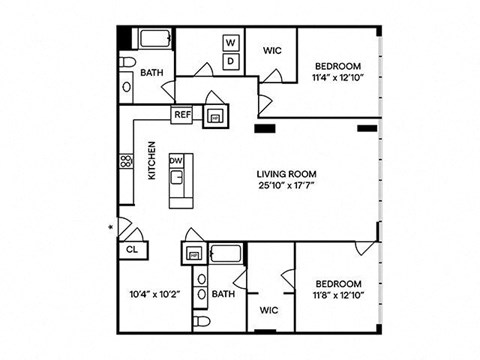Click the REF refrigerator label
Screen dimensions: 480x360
183,115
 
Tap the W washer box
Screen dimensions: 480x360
231,43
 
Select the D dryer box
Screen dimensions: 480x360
231,61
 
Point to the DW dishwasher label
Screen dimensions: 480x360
176,161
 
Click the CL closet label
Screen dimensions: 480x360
132,249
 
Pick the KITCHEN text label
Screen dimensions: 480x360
152,161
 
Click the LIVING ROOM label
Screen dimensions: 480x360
286,174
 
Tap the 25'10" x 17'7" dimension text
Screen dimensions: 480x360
287,185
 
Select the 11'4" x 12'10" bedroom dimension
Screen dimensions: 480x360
337,78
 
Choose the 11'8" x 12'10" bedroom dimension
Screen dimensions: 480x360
338,295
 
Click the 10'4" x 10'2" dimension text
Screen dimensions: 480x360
155,294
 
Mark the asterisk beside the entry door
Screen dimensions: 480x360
111,228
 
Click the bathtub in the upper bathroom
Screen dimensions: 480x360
155,39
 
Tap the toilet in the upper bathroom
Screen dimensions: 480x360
128,62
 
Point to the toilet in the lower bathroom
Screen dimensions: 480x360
201,322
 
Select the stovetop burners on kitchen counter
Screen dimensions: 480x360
126,161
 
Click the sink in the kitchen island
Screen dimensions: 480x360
177,177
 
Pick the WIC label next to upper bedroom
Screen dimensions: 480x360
272,51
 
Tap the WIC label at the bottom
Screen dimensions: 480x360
269,310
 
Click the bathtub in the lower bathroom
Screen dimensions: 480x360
226,254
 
